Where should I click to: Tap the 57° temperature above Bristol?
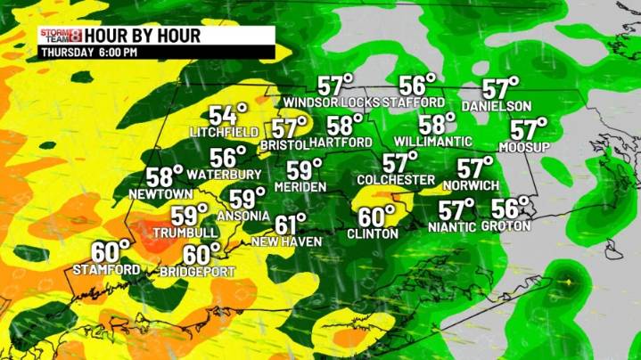pyautogui.click(x=290, y=129)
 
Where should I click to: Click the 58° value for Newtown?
pyautogui.click(x=165, y=177)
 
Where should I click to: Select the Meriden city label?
pyautogui.click(x=303, y=187)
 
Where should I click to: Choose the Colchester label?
pyautogui.click(x=395, y=180)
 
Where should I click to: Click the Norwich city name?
pyautogui.click(x=474, y=185)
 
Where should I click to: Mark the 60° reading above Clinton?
pyautogui.click(x=377, y=217)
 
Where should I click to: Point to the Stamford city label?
pyautogui.click(x=106, y=269)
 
